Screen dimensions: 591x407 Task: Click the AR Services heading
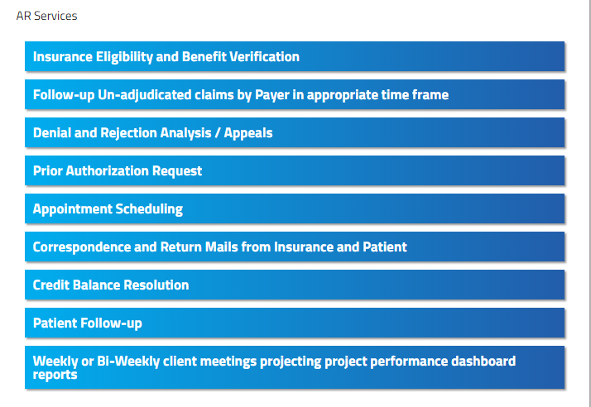46,16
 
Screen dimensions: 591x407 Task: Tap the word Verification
264,56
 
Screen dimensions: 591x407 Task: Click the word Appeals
248,133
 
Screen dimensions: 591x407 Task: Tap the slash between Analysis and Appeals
218,133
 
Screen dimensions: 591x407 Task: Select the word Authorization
108,170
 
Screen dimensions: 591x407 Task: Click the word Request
177,171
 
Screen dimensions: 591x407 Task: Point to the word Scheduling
149,209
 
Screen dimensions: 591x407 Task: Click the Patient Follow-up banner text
88,323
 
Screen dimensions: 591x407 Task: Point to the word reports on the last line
55,375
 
